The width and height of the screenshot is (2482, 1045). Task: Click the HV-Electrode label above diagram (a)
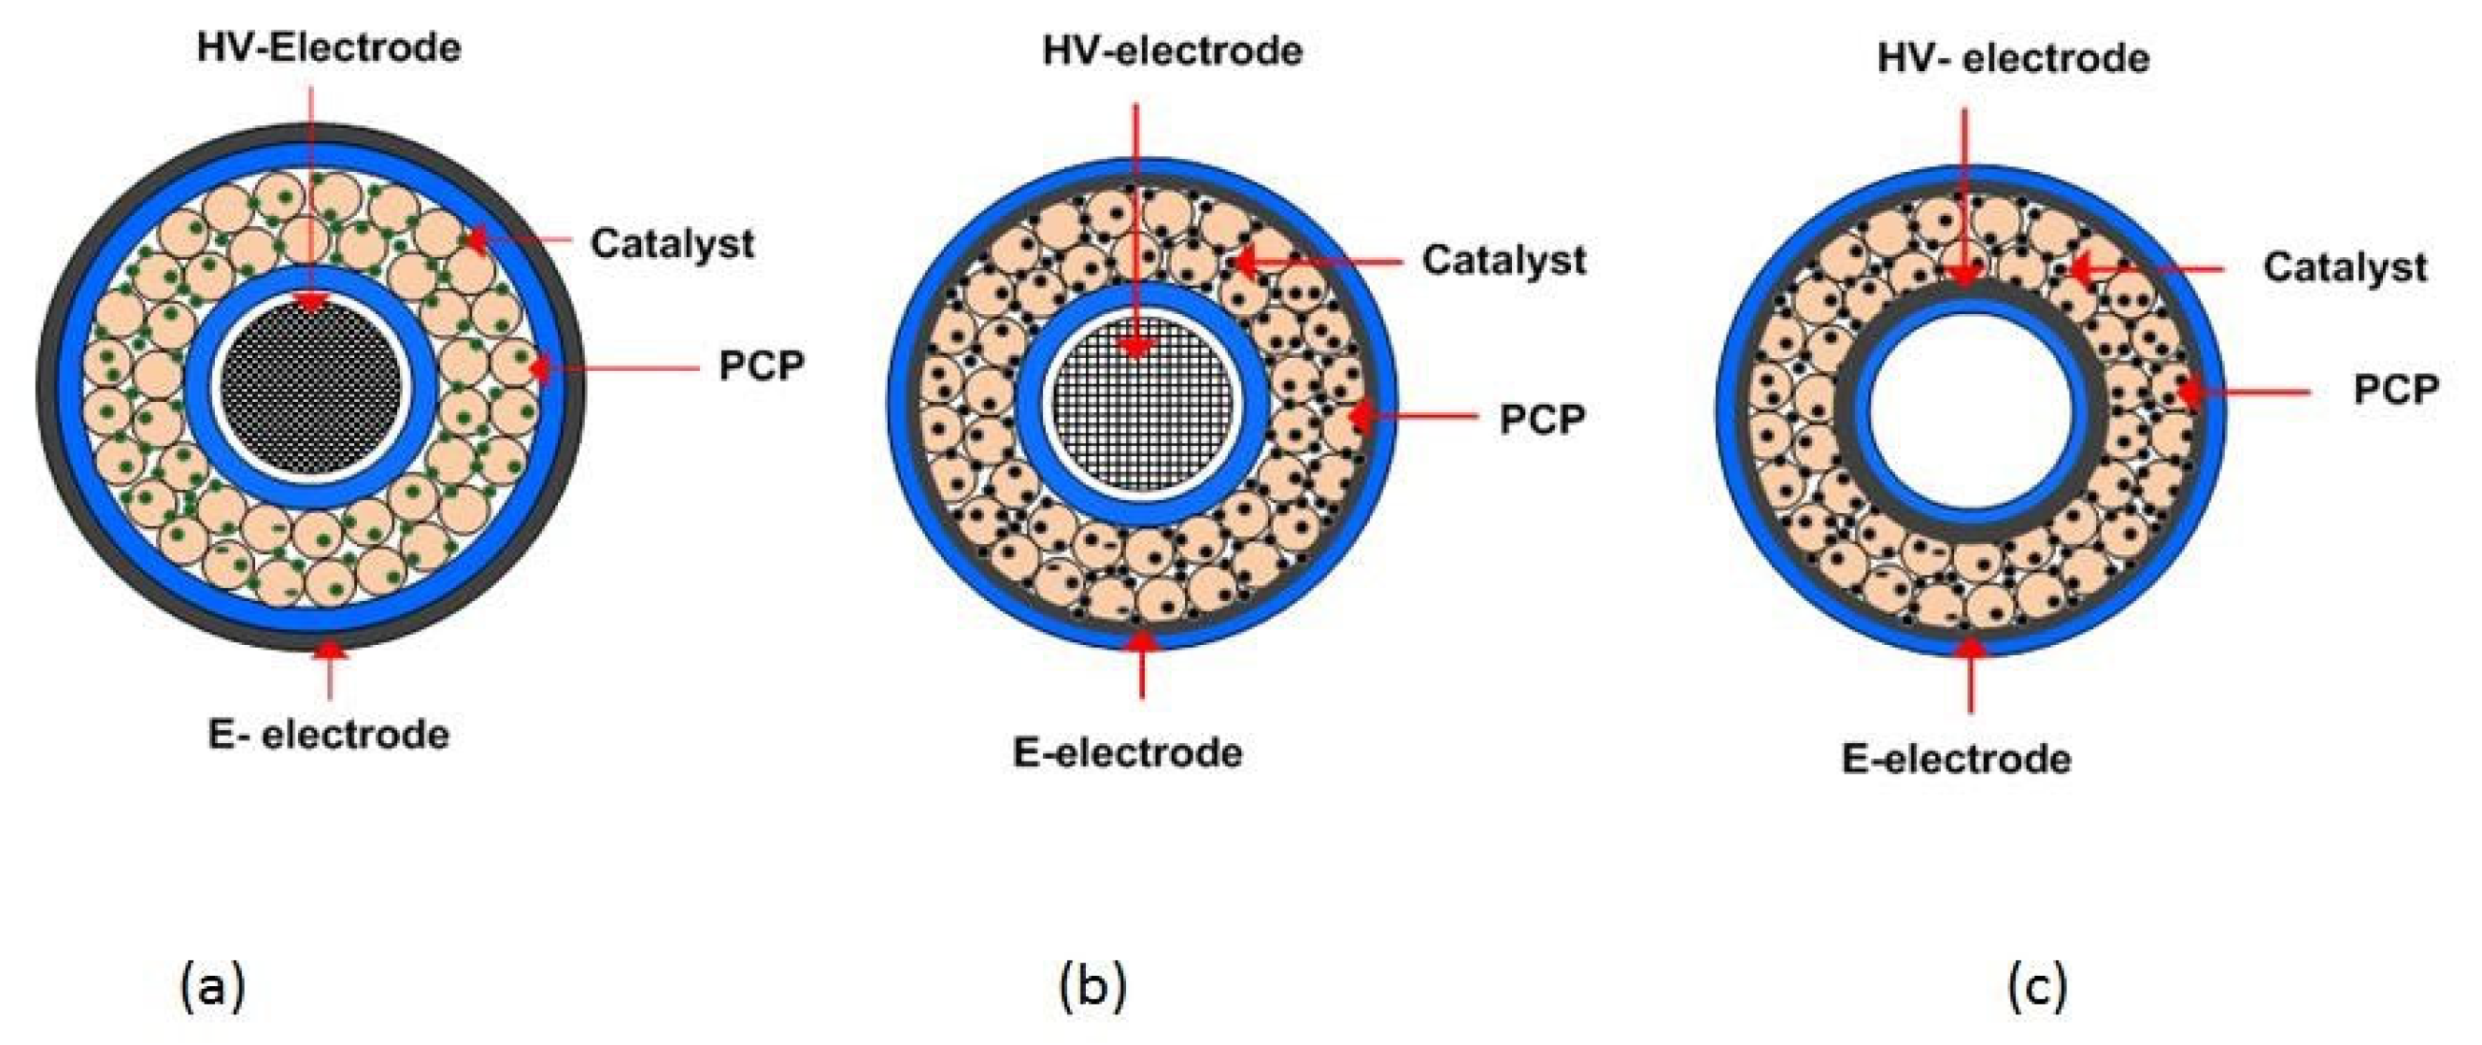coord(329,48)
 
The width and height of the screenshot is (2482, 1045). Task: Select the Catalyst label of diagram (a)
coord(672,243)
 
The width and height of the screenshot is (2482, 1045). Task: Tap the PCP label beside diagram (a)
coord(762,365)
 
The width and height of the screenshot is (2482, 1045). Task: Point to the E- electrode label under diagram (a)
coord(329,735)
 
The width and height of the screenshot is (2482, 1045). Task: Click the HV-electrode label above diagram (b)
coord(1173,51)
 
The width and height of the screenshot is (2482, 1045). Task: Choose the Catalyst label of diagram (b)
coord(1503,260)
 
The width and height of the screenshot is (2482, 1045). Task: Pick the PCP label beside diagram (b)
coord(1542,419)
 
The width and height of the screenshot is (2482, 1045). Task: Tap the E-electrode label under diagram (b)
coord(1127,752)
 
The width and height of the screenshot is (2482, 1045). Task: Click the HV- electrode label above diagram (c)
coord(2013,59)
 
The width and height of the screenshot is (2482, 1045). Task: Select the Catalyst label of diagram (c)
coord(2345,267)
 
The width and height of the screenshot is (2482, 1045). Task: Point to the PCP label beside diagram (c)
coord(2396,390)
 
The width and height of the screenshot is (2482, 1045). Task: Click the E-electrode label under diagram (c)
coord(1956,759)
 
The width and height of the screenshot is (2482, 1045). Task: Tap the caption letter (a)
coord(213,987)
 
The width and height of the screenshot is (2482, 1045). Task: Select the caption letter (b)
coord(1091,987)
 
